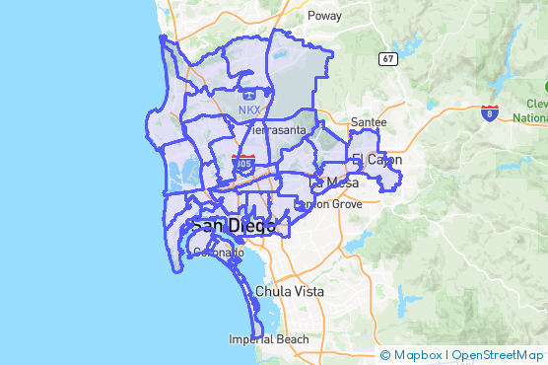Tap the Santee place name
tap(368, 122)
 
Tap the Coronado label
tap(218, 253)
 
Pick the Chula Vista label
tap(290, 292)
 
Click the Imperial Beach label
tap(269, 339)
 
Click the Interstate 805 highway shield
tap(242, 160)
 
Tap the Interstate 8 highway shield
tap(490, 113)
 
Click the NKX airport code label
tap(250, 109)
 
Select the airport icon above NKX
tap(249, 96)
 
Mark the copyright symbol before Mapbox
tap(385, 355)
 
